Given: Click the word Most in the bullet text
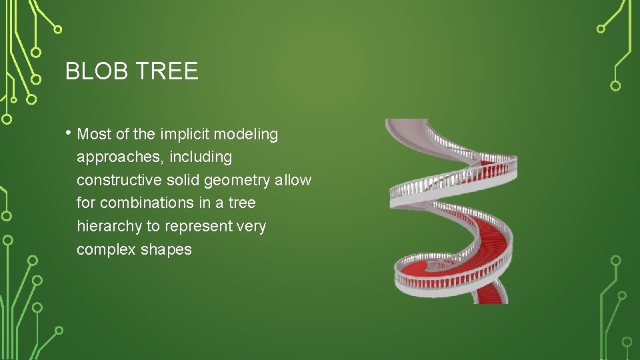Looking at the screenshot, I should [93, 135].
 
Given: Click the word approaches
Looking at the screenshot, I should [115, 158].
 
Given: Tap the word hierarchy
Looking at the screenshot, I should [109, 227].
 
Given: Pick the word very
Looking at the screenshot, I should [252, 227].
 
